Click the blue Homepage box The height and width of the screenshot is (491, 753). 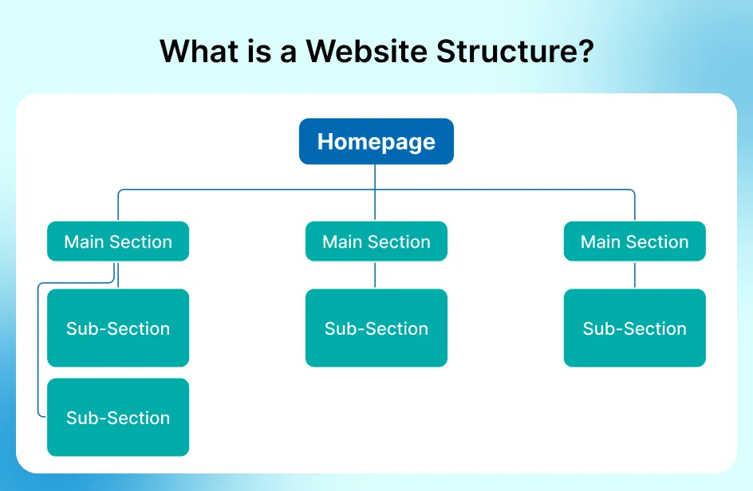pos(376,141)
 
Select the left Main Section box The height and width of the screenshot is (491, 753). pos(118,241)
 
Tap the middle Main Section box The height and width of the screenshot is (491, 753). pos(376,241)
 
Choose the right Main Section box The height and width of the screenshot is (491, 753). pos(634,241)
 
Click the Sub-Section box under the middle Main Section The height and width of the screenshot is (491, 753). pos(376,328)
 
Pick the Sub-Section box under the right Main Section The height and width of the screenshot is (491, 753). pos(634,328)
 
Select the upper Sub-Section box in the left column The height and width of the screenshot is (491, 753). pos(118,328)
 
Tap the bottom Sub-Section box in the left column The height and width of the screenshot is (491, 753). pos(118,417)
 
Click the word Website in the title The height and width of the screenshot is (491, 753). pos(366,51)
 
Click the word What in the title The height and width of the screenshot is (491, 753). pos(199,51)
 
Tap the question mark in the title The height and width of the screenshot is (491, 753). pos(585,51)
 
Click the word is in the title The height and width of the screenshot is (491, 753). pos(259,51)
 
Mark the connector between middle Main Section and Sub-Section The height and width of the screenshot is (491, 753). pos(375,275)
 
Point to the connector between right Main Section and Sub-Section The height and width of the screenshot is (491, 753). pos(635,275)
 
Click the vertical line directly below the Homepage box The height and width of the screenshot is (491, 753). pos(375,192)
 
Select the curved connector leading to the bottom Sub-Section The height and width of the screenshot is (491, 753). pos(38,346)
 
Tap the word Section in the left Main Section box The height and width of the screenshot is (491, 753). pos(141,242)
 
